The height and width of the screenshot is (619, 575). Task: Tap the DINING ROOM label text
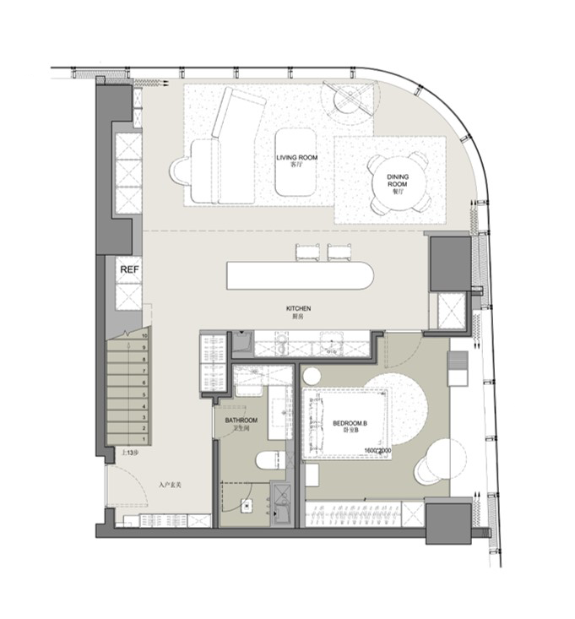pos(398,180)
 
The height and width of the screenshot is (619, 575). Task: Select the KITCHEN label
pos(298,310)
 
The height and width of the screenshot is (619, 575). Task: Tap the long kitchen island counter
pos(300,275)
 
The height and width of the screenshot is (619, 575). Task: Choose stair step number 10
pos(145,335)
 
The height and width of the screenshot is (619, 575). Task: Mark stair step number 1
pos(145,440)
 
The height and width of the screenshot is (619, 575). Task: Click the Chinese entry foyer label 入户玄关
pos(171,486)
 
